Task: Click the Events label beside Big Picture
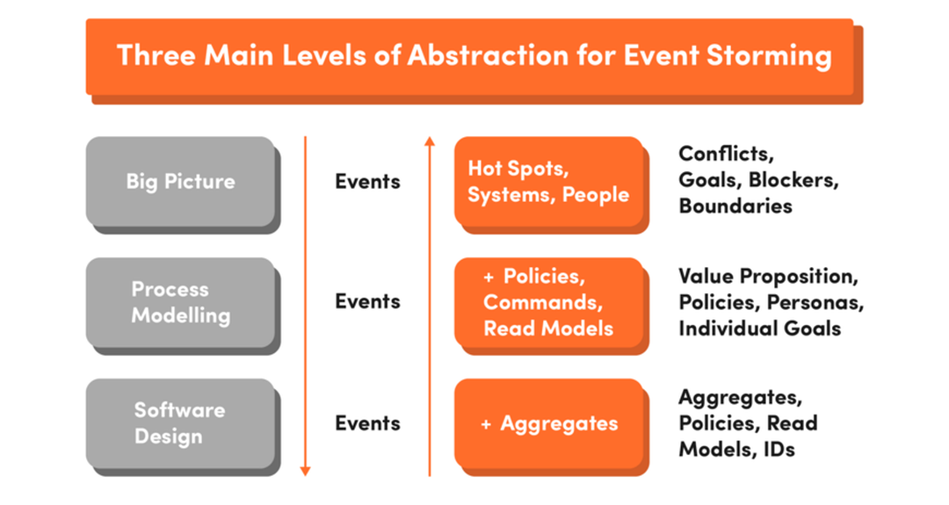tap(367, 182)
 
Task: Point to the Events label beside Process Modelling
tap(367, 301)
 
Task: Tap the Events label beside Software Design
tap(367, 423)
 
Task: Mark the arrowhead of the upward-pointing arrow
tap(430, 141)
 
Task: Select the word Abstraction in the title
tap(488, 55)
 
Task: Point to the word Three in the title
tap(156, 55)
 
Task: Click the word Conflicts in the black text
tap(726, 154)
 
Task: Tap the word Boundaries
tap(735, 206)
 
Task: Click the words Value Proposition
tap(768, 277)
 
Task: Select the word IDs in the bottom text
tap(779, 450)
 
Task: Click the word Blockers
tap(793, 180)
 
